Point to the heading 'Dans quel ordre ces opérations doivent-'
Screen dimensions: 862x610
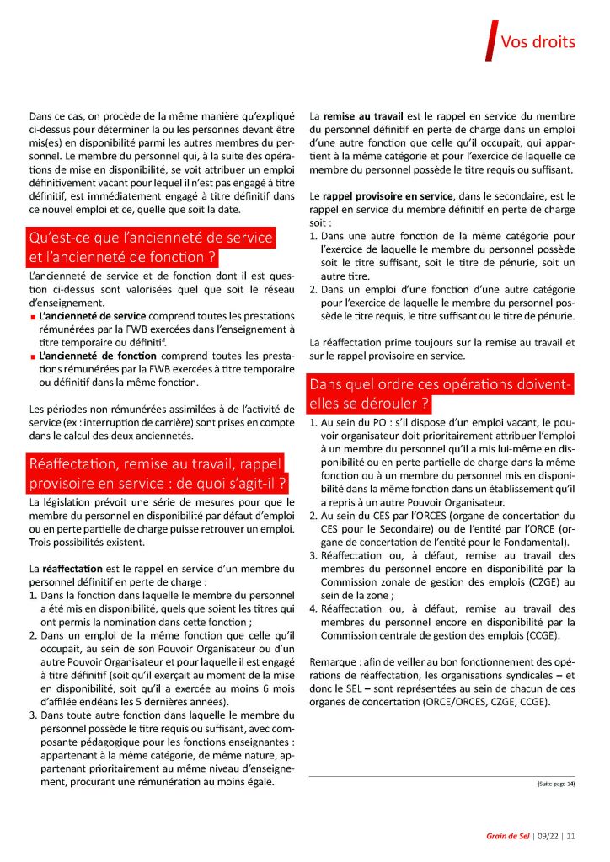click(441, 385)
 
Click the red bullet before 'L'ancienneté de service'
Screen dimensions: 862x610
click(32, 317)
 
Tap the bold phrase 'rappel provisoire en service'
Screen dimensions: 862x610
click(395, 196)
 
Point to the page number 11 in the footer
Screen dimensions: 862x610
click(570, 837)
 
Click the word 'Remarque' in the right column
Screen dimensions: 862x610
click(334, 661)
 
